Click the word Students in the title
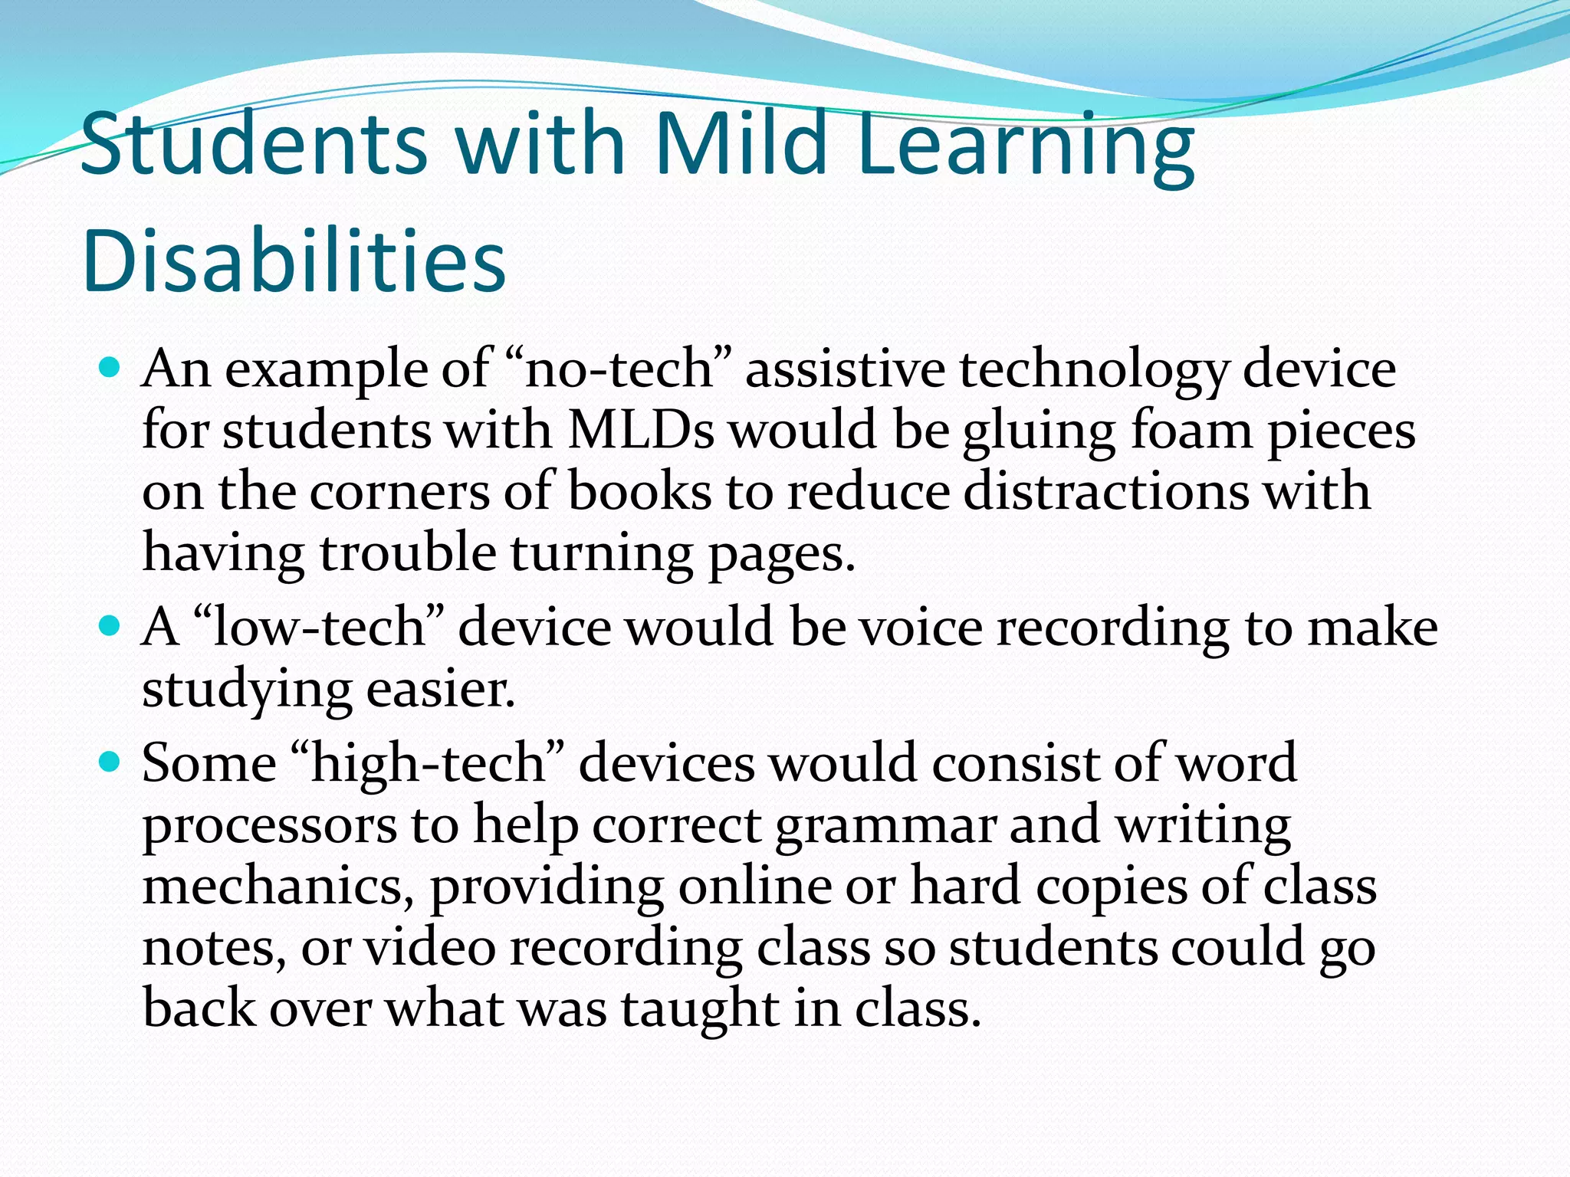(253, 143)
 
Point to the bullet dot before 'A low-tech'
(110, 627)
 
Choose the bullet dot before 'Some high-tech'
(110, 762)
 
